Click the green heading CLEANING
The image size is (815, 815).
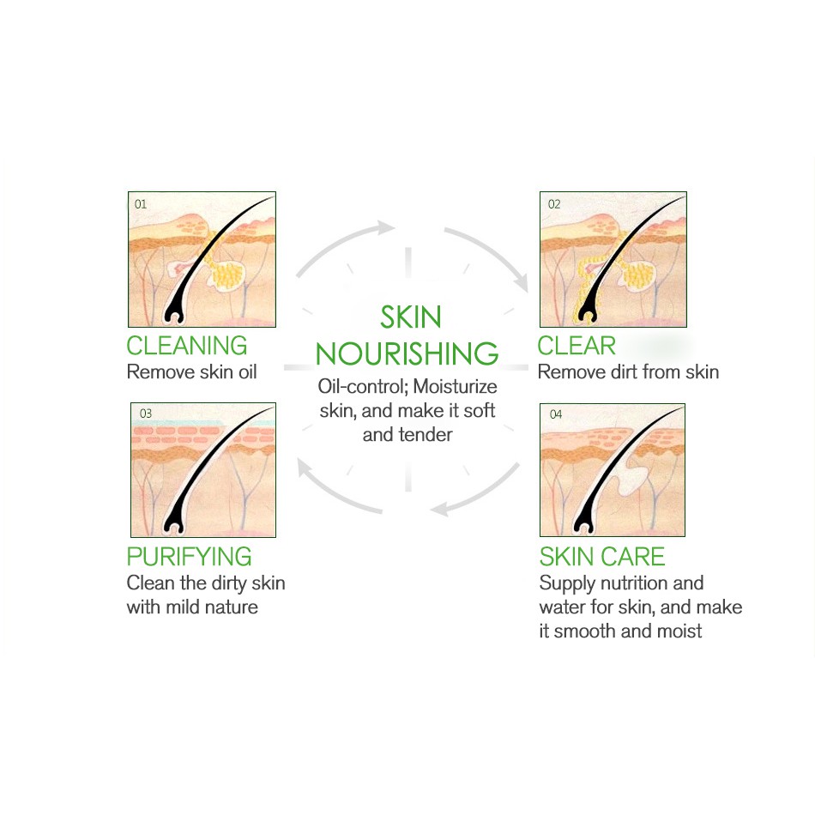pos(186,346)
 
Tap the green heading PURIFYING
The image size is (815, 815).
pos(189,556)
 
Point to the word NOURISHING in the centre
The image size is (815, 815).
pos(407,353)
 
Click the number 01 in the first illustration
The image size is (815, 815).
pos(141,204)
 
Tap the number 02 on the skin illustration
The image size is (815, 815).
pos(553,204)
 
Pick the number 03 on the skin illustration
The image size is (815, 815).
pos(145,414)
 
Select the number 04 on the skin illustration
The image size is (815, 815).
pos(555,414)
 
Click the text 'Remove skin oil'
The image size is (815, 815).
pos(191,372)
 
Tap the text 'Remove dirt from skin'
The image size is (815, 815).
pos(628,372)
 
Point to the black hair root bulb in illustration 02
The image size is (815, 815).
pos(588,311)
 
